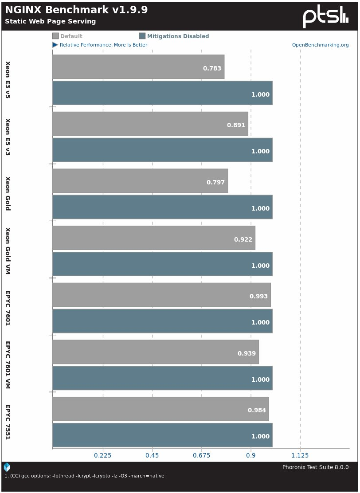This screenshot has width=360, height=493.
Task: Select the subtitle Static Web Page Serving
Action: pos(50,21)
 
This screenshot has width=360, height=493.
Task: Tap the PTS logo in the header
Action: pos(325,17)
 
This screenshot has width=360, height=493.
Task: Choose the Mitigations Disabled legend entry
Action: pos(174,36)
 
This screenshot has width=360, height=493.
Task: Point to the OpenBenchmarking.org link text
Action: pos(320,45)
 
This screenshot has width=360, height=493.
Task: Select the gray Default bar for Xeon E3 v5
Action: pos(138,67)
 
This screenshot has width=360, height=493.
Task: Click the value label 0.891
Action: pos(236,125)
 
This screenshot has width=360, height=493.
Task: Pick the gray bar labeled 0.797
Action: pos(140,181)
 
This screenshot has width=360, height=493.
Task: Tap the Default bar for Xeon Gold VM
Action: pos(153,238)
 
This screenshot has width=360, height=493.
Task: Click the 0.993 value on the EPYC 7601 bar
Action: pos(260,297)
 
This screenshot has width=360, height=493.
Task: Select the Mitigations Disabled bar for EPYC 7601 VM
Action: pos(162,378)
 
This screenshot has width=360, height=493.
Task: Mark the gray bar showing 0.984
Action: pos(160,409)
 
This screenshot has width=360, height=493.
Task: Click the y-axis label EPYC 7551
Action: pos(8,422)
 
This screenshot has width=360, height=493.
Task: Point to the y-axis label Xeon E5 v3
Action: pos(8,137)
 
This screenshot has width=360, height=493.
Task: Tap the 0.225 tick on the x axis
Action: pos(102,455)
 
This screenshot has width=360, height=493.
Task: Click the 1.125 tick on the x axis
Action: pos(300,455)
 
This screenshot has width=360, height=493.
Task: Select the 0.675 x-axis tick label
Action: pos(201,455)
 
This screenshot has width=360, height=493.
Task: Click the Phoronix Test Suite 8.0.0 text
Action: pos(315,467)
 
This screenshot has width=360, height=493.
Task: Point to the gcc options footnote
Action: pos(84,476)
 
